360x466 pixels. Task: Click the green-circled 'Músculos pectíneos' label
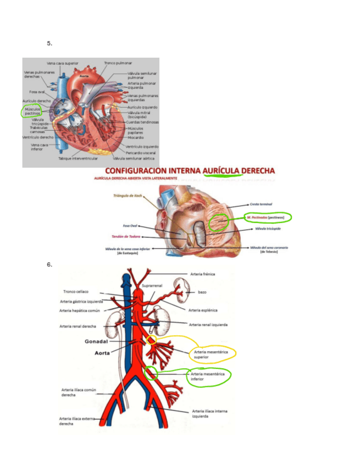32,112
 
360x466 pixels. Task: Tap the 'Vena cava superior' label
63,63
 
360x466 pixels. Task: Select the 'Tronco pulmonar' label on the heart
118,63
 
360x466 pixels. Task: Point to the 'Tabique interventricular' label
78,158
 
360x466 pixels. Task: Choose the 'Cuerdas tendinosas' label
143,122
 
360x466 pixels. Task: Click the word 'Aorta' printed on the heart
84,75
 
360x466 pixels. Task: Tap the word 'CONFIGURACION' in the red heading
139,171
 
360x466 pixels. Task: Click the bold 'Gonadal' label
97,341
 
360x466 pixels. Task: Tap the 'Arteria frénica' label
202,274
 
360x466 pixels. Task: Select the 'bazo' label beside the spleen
202,292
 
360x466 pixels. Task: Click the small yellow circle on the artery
152,341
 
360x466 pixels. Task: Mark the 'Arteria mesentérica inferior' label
208,376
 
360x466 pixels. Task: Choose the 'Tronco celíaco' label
76,292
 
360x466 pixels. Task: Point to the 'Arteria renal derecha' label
78,326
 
